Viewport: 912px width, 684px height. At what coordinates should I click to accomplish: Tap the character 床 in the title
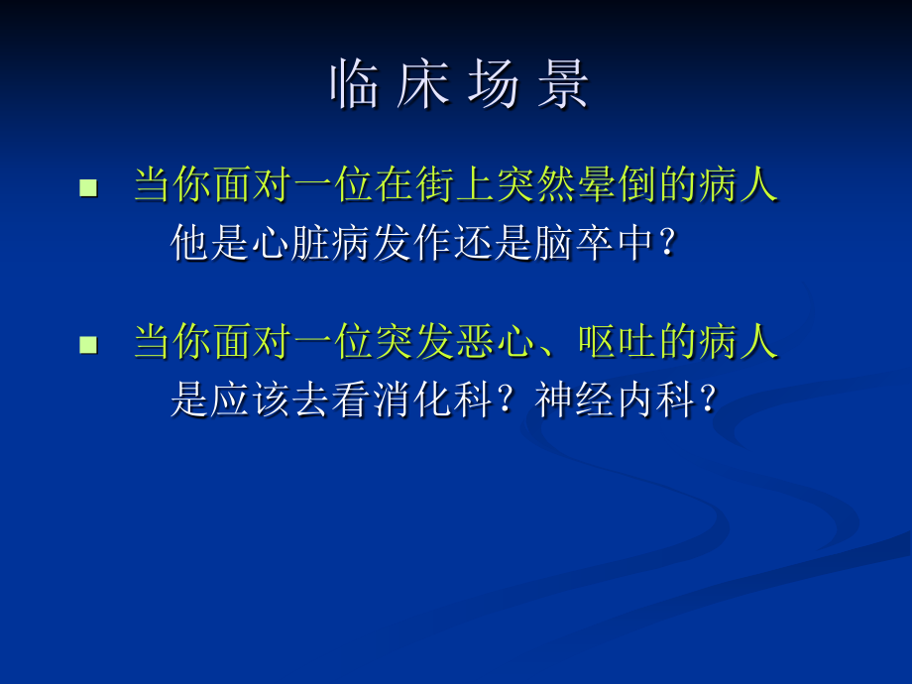coord(415,85)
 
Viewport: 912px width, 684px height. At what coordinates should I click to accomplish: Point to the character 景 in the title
coord(562,85)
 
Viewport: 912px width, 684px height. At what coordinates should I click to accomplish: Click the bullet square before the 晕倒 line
coord(89,187)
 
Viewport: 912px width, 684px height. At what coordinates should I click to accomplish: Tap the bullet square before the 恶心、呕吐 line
coord(89,345)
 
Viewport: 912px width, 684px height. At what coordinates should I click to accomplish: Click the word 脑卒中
coord(598,243)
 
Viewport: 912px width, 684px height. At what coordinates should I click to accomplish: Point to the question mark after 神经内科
coord(708,400)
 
